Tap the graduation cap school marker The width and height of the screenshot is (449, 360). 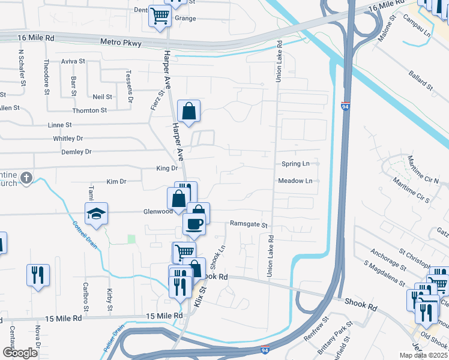pos(96,213)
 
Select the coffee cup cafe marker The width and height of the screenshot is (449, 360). pos(194,224)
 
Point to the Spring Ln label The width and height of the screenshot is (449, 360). pos(295,163)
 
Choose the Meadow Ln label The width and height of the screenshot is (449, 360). pos(295,181)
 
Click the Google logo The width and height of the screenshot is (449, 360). pos(20,353)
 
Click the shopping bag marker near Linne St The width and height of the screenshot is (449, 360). pos(188,111)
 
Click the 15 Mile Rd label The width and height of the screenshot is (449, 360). pos(164,316)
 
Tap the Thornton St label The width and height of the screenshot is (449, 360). pos(89,110)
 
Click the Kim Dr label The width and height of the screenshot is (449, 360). pos(116,181)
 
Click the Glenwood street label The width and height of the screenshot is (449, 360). pos(157,211)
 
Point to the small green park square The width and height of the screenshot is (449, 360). pos(131,239)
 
